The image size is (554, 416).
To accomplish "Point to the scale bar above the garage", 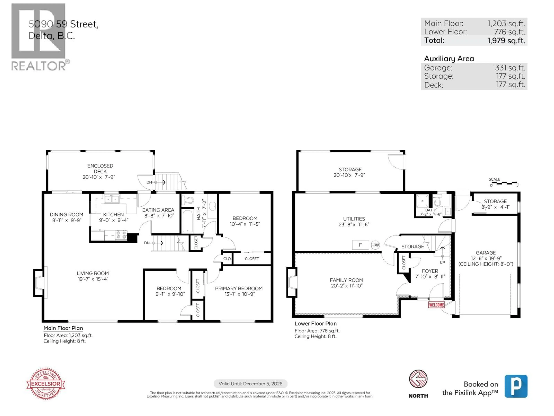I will point(504,183).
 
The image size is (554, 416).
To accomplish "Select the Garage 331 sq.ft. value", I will point(510,68).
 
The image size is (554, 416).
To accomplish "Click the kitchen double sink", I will point(112,199).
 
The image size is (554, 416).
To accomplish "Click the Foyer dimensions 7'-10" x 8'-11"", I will point(430,277).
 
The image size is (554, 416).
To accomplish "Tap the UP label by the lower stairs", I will point(442,262).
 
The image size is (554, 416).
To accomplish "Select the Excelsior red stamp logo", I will point(46,384).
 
